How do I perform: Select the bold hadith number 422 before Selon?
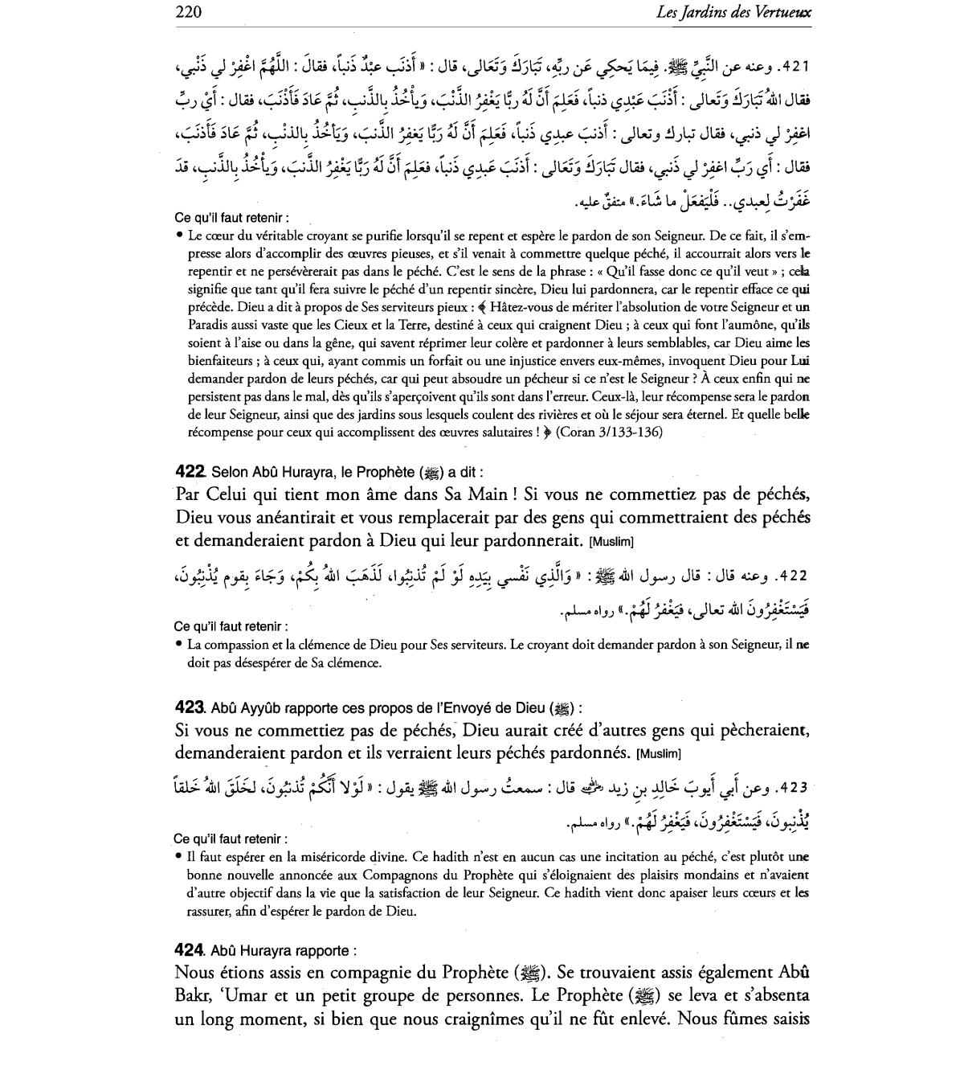(190, 472)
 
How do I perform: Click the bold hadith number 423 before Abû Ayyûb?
(190, 707)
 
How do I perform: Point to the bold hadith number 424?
(190, 950)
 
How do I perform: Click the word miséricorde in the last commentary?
(326, 857)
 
